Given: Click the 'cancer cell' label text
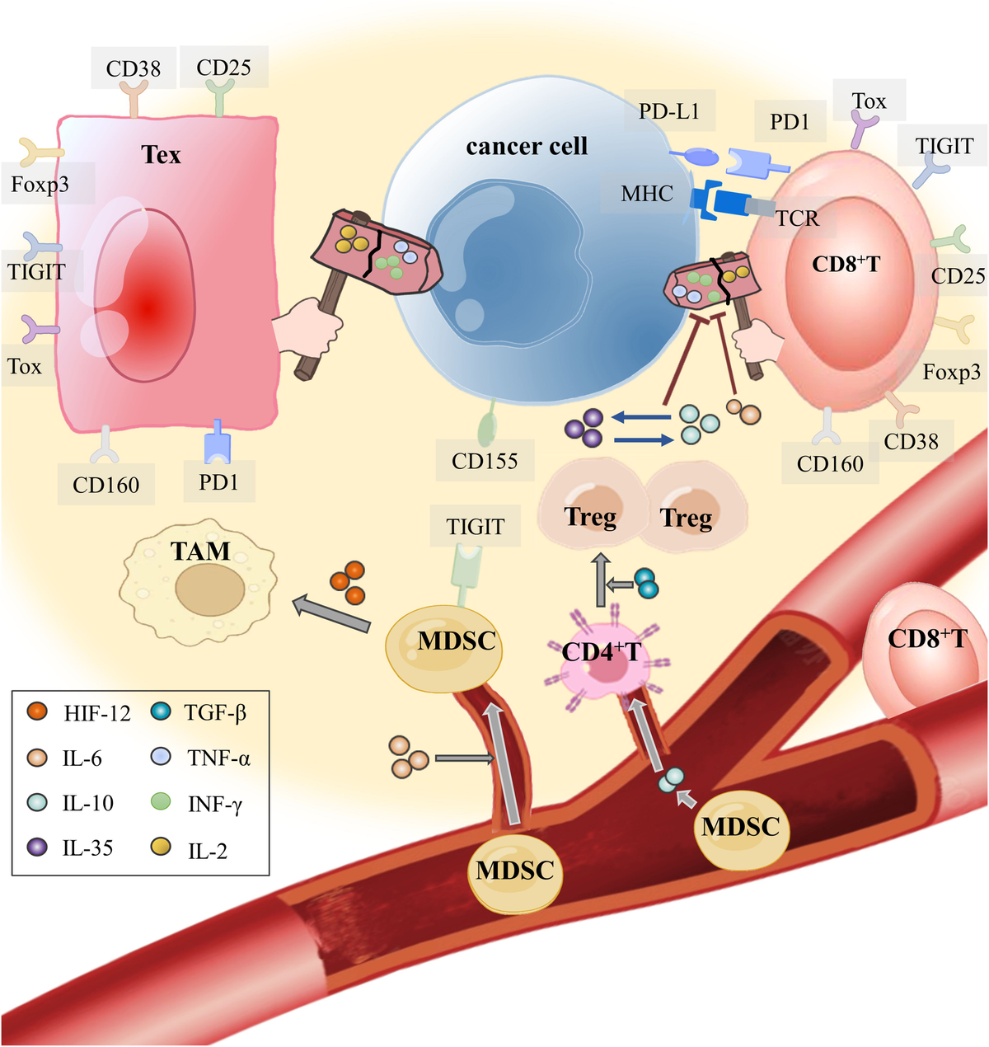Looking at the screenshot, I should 527,147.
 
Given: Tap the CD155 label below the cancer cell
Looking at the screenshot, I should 485,461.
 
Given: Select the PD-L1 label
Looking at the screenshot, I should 668,111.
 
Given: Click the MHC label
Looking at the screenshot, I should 647,195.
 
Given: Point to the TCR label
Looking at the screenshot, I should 797,218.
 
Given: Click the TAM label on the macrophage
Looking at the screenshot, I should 200,551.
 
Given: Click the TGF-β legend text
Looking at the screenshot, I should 216,712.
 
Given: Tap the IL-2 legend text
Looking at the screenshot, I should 208,851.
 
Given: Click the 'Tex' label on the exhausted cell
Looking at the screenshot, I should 161,155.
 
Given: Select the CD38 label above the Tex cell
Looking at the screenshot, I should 134,68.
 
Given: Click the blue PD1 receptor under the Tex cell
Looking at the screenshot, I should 218,443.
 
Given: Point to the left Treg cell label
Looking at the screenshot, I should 590,517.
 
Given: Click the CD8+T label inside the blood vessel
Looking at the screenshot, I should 926,639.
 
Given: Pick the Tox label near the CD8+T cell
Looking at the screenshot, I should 869,101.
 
